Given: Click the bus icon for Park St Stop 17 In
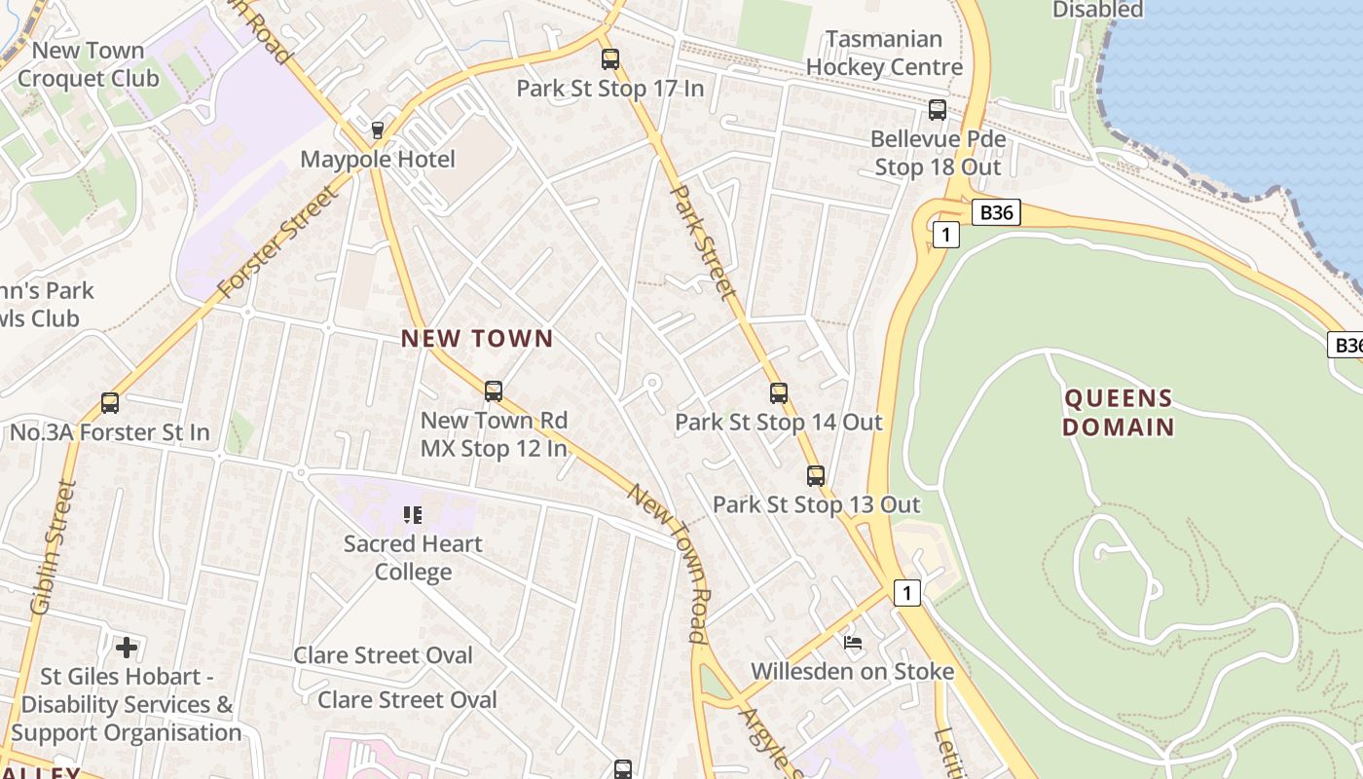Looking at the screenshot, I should point(610,59).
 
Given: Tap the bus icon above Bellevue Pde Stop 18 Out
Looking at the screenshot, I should point(938,110).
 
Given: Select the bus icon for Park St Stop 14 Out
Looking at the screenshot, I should point(779,393).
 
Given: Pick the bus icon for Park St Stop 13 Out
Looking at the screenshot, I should point(816,476).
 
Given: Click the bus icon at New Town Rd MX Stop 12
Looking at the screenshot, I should point(494,391).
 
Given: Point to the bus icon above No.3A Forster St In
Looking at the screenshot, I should point(110,403).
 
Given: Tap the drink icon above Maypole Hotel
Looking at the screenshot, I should point(378,130).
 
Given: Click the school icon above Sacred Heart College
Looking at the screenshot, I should point(413,514).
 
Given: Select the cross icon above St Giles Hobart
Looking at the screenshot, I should point(126,647).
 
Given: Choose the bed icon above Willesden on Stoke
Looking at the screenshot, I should point(853,643).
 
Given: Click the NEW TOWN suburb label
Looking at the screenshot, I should point(477,339).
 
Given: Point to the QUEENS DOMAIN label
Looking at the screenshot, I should point(1118,412).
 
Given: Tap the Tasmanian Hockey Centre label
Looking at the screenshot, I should point(884,54).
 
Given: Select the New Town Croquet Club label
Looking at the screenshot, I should point(88,64).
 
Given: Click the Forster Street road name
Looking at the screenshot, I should point(279,241).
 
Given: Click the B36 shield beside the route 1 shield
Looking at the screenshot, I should point(996,212).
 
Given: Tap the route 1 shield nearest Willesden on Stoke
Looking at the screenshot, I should point(906,592).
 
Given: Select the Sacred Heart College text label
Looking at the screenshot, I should point(413,557).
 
